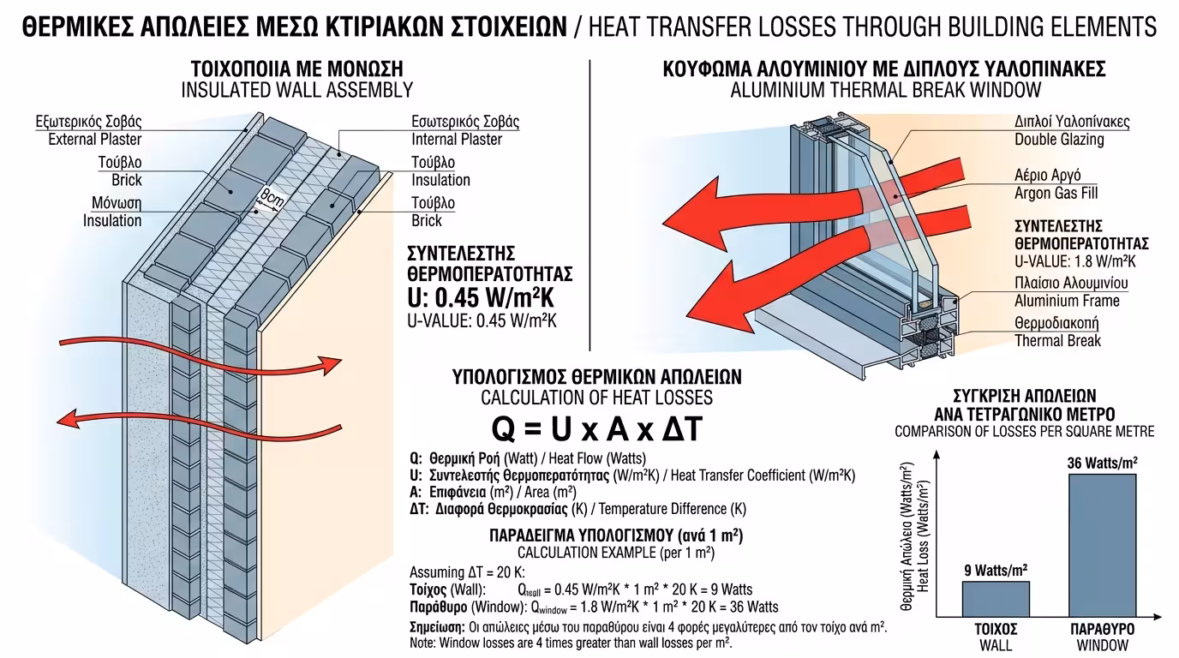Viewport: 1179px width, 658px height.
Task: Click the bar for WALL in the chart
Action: [x=995, y=599]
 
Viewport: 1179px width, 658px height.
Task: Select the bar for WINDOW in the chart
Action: [x=1102, y=545]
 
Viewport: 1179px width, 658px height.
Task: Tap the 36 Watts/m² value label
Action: [x=1102, y=463]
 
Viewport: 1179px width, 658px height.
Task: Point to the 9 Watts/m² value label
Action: [x=995, y=570]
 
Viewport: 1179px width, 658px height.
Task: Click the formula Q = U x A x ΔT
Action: [x=596, y=428]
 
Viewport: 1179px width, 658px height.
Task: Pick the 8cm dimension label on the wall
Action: [x=272, y=200]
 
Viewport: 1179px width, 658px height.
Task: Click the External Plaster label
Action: [x=94, y=140]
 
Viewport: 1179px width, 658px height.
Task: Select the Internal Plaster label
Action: [x=457, y=140]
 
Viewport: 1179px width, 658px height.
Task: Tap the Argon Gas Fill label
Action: [x=1056, y=194]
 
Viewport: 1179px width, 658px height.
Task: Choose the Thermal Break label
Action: [x=1057, y=341]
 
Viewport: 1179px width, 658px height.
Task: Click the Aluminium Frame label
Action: [x=1067, y=301]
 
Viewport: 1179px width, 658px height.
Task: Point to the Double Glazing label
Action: [x=1059, y=140]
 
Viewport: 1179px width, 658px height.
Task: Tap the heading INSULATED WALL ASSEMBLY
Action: [x=296, y=90]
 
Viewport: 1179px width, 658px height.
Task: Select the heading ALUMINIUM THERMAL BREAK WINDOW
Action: [x=885, y=90]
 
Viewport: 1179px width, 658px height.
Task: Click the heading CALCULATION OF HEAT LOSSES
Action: [x=596, y=398]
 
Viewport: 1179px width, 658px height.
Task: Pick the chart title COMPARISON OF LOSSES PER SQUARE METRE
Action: [x=1025, y=431]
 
